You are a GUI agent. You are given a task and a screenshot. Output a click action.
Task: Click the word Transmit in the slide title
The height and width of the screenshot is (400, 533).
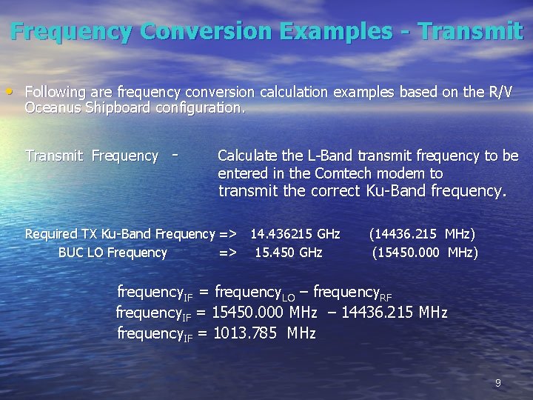(x=470, y=31)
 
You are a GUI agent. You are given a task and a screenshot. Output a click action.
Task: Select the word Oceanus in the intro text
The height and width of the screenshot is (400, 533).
(x=53, y=108)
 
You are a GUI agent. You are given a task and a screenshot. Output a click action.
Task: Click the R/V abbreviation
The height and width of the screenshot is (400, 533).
(x=499, y=92)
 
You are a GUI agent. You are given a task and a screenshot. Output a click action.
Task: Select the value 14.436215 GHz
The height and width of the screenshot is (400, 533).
(x=295, y=234)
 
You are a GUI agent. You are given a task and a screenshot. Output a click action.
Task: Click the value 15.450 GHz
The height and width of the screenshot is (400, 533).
(x=289, y=253)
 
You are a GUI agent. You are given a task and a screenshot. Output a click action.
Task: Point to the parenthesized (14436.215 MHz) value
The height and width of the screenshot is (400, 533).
(x=422, y=234)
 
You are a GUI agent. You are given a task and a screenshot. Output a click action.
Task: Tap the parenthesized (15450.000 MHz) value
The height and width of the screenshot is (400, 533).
(x=425, y=253)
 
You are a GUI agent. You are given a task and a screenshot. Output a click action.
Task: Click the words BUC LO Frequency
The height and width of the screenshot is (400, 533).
(x=113, y=253)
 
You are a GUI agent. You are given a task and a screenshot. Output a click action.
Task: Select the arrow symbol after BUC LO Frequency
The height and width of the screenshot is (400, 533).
(x=228, y=253)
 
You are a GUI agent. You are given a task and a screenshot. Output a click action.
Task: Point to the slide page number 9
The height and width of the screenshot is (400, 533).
(x=497, y=383)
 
